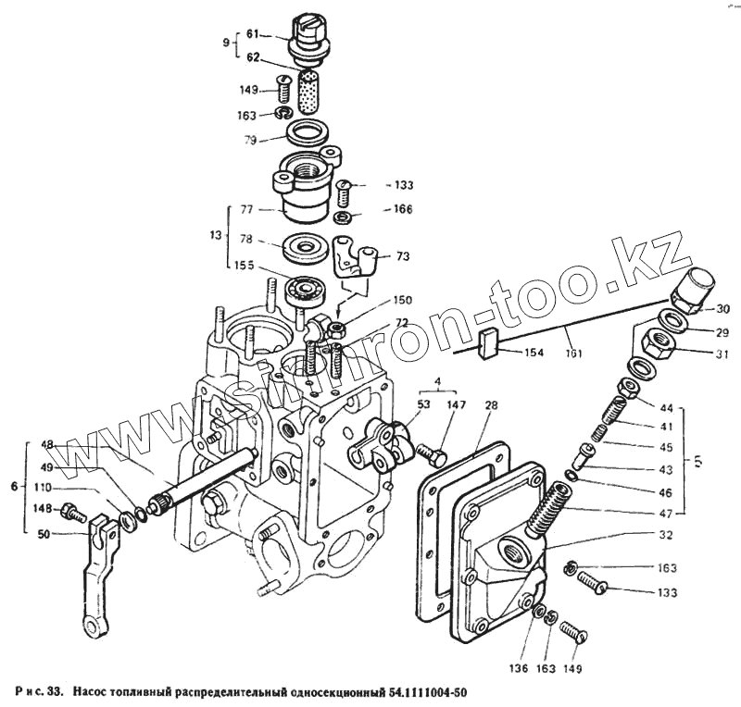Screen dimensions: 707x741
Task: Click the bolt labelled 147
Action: click(433, 456)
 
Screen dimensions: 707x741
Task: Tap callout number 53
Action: click(423, 404)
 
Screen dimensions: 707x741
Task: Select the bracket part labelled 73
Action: click(356, 257)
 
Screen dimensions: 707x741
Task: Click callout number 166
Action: click(401, 209)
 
